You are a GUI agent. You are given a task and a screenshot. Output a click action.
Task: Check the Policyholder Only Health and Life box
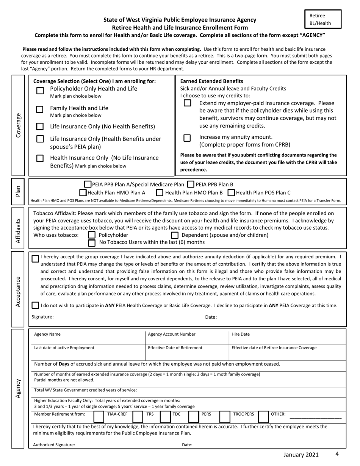(x=40, y=91)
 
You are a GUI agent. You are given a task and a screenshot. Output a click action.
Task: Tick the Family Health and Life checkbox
(x=40, y=109)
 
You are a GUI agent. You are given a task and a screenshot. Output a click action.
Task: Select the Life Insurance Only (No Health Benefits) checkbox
(x=40, y=126)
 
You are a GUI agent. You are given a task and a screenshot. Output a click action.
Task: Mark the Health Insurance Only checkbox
(x=40, y=159)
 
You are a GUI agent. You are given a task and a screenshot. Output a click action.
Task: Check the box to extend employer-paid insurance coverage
(x=187, y=103)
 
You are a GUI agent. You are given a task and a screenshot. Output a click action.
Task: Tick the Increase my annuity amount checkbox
(x=187, y=138)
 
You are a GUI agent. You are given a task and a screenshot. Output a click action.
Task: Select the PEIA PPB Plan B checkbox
(x=191, y=185)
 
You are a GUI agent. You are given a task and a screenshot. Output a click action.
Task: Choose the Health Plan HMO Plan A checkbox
(x=83, y=192)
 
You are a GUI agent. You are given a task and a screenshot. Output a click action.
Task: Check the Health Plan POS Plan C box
(x=231, y=192)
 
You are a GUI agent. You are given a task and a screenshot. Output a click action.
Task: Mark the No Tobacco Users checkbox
(x=91, y=242)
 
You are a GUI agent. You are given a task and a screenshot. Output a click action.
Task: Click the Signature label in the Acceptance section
(x=42, y=317)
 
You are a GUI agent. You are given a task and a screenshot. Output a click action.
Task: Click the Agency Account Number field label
(x=172, y=334)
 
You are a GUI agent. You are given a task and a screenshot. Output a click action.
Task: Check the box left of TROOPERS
(x=225, y=416)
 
